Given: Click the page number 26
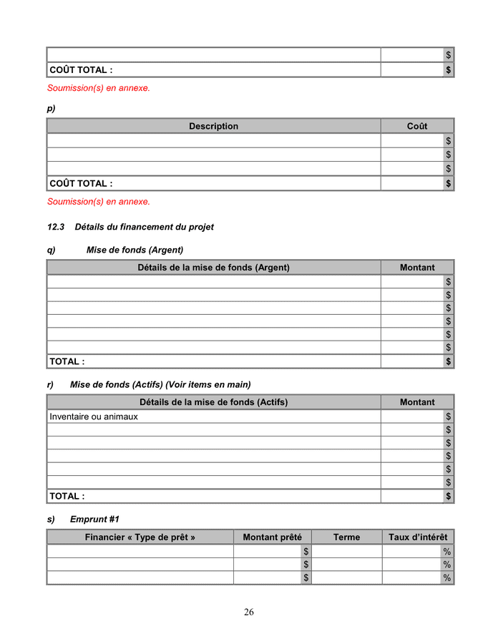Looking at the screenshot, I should coord(249,612).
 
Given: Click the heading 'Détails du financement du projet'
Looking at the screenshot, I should coord(144,227).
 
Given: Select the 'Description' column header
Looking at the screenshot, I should coord(213,126).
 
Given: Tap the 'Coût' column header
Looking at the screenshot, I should coord(417,126).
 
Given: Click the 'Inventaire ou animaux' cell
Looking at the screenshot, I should coord(94,416).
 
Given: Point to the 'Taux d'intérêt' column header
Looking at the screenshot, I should coord(418,537).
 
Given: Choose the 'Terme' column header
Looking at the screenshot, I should coord(346,537).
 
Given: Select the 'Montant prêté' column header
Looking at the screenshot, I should coord(272,537).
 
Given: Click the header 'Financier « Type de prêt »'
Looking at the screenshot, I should coord(140,537).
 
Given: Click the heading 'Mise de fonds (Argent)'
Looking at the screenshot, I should coord(135,250).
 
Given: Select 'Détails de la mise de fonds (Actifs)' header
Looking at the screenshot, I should coord(213,402).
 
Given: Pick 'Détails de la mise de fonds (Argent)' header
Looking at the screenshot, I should coord(213,268).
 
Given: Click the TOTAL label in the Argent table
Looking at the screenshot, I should coord(67,362).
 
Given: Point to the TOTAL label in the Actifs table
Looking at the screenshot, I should coord(67,496).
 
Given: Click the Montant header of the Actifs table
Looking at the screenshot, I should coord(417,402).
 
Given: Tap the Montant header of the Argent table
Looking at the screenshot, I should coord(417,268).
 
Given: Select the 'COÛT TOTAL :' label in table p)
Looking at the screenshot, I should coord(81,184).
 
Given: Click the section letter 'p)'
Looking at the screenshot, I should coord(51,109).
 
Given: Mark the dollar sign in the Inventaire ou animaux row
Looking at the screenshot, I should coord(449,416).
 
